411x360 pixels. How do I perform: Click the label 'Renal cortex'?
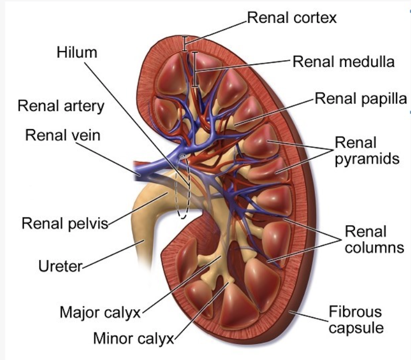click(292, 18)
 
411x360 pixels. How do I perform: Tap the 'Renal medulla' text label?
click(344, 62)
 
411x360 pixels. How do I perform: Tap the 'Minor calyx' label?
click(134, 339)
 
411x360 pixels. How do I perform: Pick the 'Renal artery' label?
click(61, 106)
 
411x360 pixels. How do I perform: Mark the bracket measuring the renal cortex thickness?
click(184, 43)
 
